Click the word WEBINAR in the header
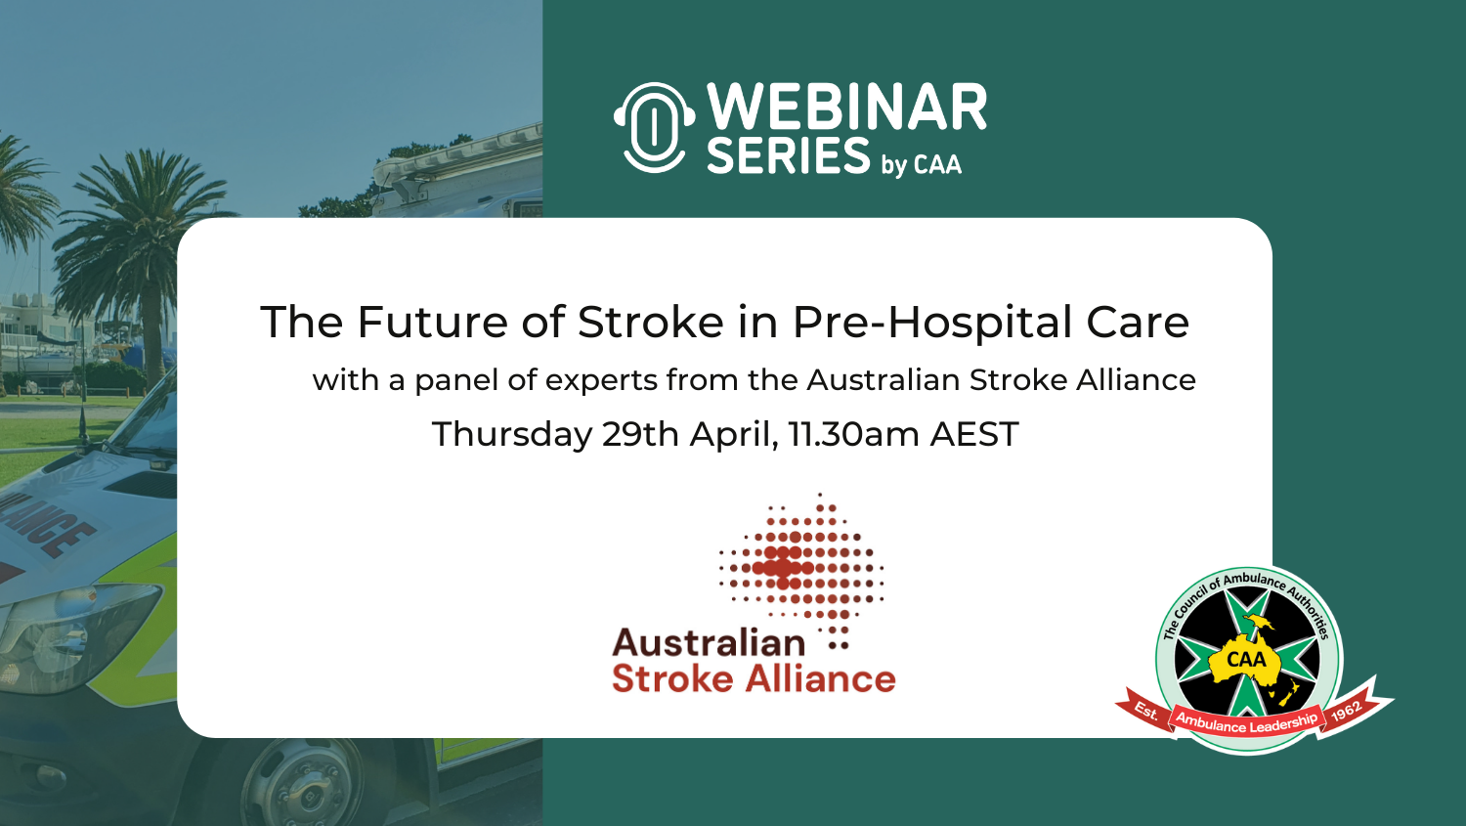tap(846, 107)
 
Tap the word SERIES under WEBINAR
tap(788, 155)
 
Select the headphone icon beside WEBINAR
tap(654, 127)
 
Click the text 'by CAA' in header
tap(922, 163)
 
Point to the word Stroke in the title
tap(651, 322)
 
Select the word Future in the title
tap(432, 322)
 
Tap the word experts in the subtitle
tap(601, 380)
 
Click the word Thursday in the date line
tap(512, 434)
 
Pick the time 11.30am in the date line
tap(854, 434)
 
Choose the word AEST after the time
tap(974, 434)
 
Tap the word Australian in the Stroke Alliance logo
tap(709, 643)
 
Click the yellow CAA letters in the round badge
tap(1247, 659)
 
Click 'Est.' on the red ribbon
tap(1146, 710)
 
